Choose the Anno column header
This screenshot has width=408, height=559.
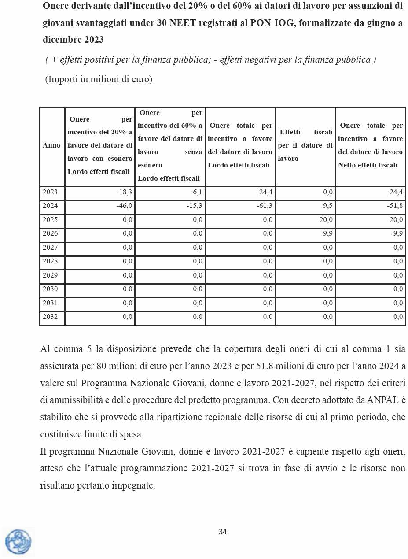pyautogui.click(x=52, y=145)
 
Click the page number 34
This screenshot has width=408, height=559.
pyautogui.click(x=223, y=532)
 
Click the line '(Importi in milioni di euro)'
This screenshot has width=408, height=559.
pyautogui.click(x=99, y=80)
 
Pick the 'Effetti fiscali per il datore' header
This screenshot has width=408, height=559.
pyautogui.click(x=305, y=145)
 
